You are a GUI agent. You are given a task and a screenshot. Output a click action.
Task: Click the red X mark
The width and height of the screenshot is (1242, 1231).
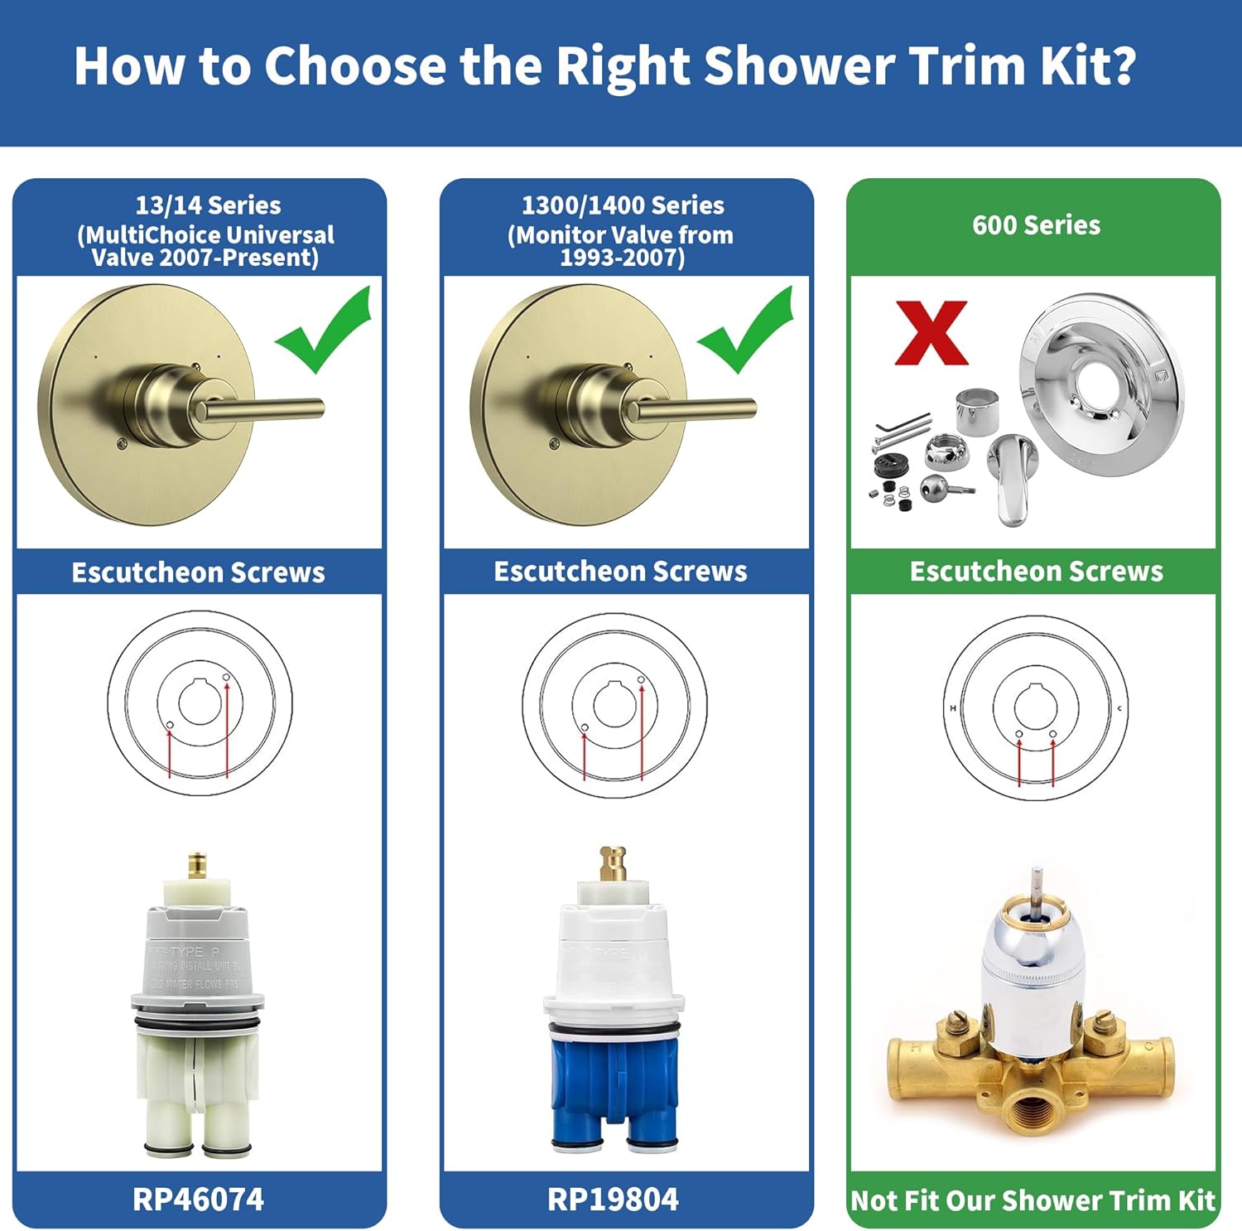click(x=931, y=333)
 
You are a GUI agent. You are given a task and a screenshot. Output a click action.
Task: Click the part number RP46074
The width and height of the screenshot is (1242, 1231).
click(x=198, y=1199)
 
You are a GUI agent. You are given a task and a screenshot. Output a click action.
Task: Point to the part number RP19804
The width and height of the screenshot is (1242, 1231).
click(x=613, y=1199)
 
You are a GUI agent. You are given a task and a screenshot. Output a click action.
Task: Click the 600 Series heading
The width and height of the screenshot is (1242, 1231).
click(x=1036, y=225)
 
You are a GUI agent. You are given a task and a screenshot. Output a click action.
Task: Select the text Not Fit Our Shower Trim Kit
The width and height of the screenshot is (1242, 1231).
click(x=1033, y=1200)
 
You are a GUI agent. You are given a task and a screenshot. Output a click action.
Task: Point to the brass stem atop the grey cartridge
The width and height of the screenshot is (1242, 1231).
click(x=197, y=866)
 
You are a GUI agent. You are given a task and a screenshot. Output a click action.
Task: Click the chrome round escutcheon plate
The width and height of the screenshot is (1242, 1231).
click(x=1101, y=385)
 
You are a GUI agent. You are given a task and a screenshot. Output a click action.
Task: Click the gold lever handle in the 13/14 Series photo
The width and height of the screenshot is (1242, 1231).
click(x=265, y=408)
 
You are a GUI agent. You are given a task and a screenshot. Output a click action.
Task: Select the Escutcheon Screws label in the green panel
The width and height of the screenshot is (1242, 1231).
click(x=1036, y=572)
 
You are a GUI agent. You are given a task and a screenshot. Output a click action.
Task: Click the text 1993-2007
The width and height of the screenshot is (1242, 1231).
click(x=622, y=258)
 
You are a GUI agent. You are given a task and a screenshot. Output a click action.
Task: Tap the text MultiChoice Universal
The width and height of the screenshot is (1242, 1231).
click(x=206, y=235)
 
